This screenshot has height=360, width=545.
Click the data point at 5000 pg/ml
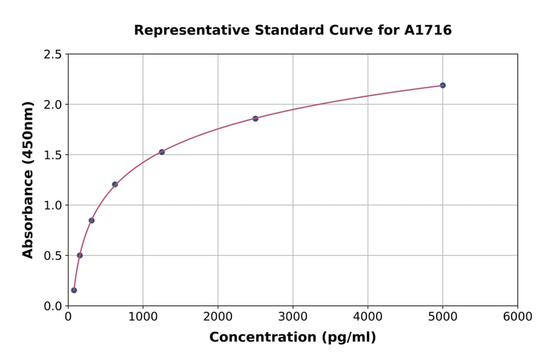(443, 85)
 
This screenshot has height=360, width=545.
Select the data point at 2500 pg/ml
(256, 119)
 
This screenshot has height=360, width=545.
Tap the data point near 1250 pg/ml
(162, 152)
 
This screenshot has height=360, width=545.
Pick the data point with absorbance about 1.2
(115, 184)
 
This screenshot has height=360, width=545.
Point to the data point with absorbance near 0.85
(91, 221)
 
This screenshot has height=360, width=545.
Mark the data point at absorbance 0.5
(80, 255)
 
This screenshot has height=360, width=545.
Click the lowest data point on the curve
(74, 290)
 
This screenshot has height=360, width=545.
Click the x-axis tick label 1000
(143, 317)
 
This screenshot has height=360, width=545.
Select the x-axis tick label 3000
(292, 317)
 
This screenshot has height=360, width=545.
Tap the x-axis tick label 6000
(517, 317)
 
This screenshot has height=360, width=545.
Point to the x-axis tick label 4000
(368, 317)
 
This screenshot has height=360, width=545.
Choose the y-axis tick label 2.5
(53, 55)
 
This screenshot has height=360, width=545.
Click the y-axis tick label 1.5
(53, 155)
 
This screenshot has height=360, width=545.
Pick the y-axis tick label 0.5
(53, 256)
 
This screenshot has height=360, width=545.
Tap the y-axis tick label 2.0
(53, 105)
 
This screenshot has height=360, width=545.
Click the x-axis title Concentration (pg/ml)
(292, 338)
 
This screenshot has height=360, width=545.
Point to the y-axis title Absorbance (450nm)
(28, 180)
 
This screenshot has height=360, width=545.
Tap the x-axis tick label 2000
(218, 317)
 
